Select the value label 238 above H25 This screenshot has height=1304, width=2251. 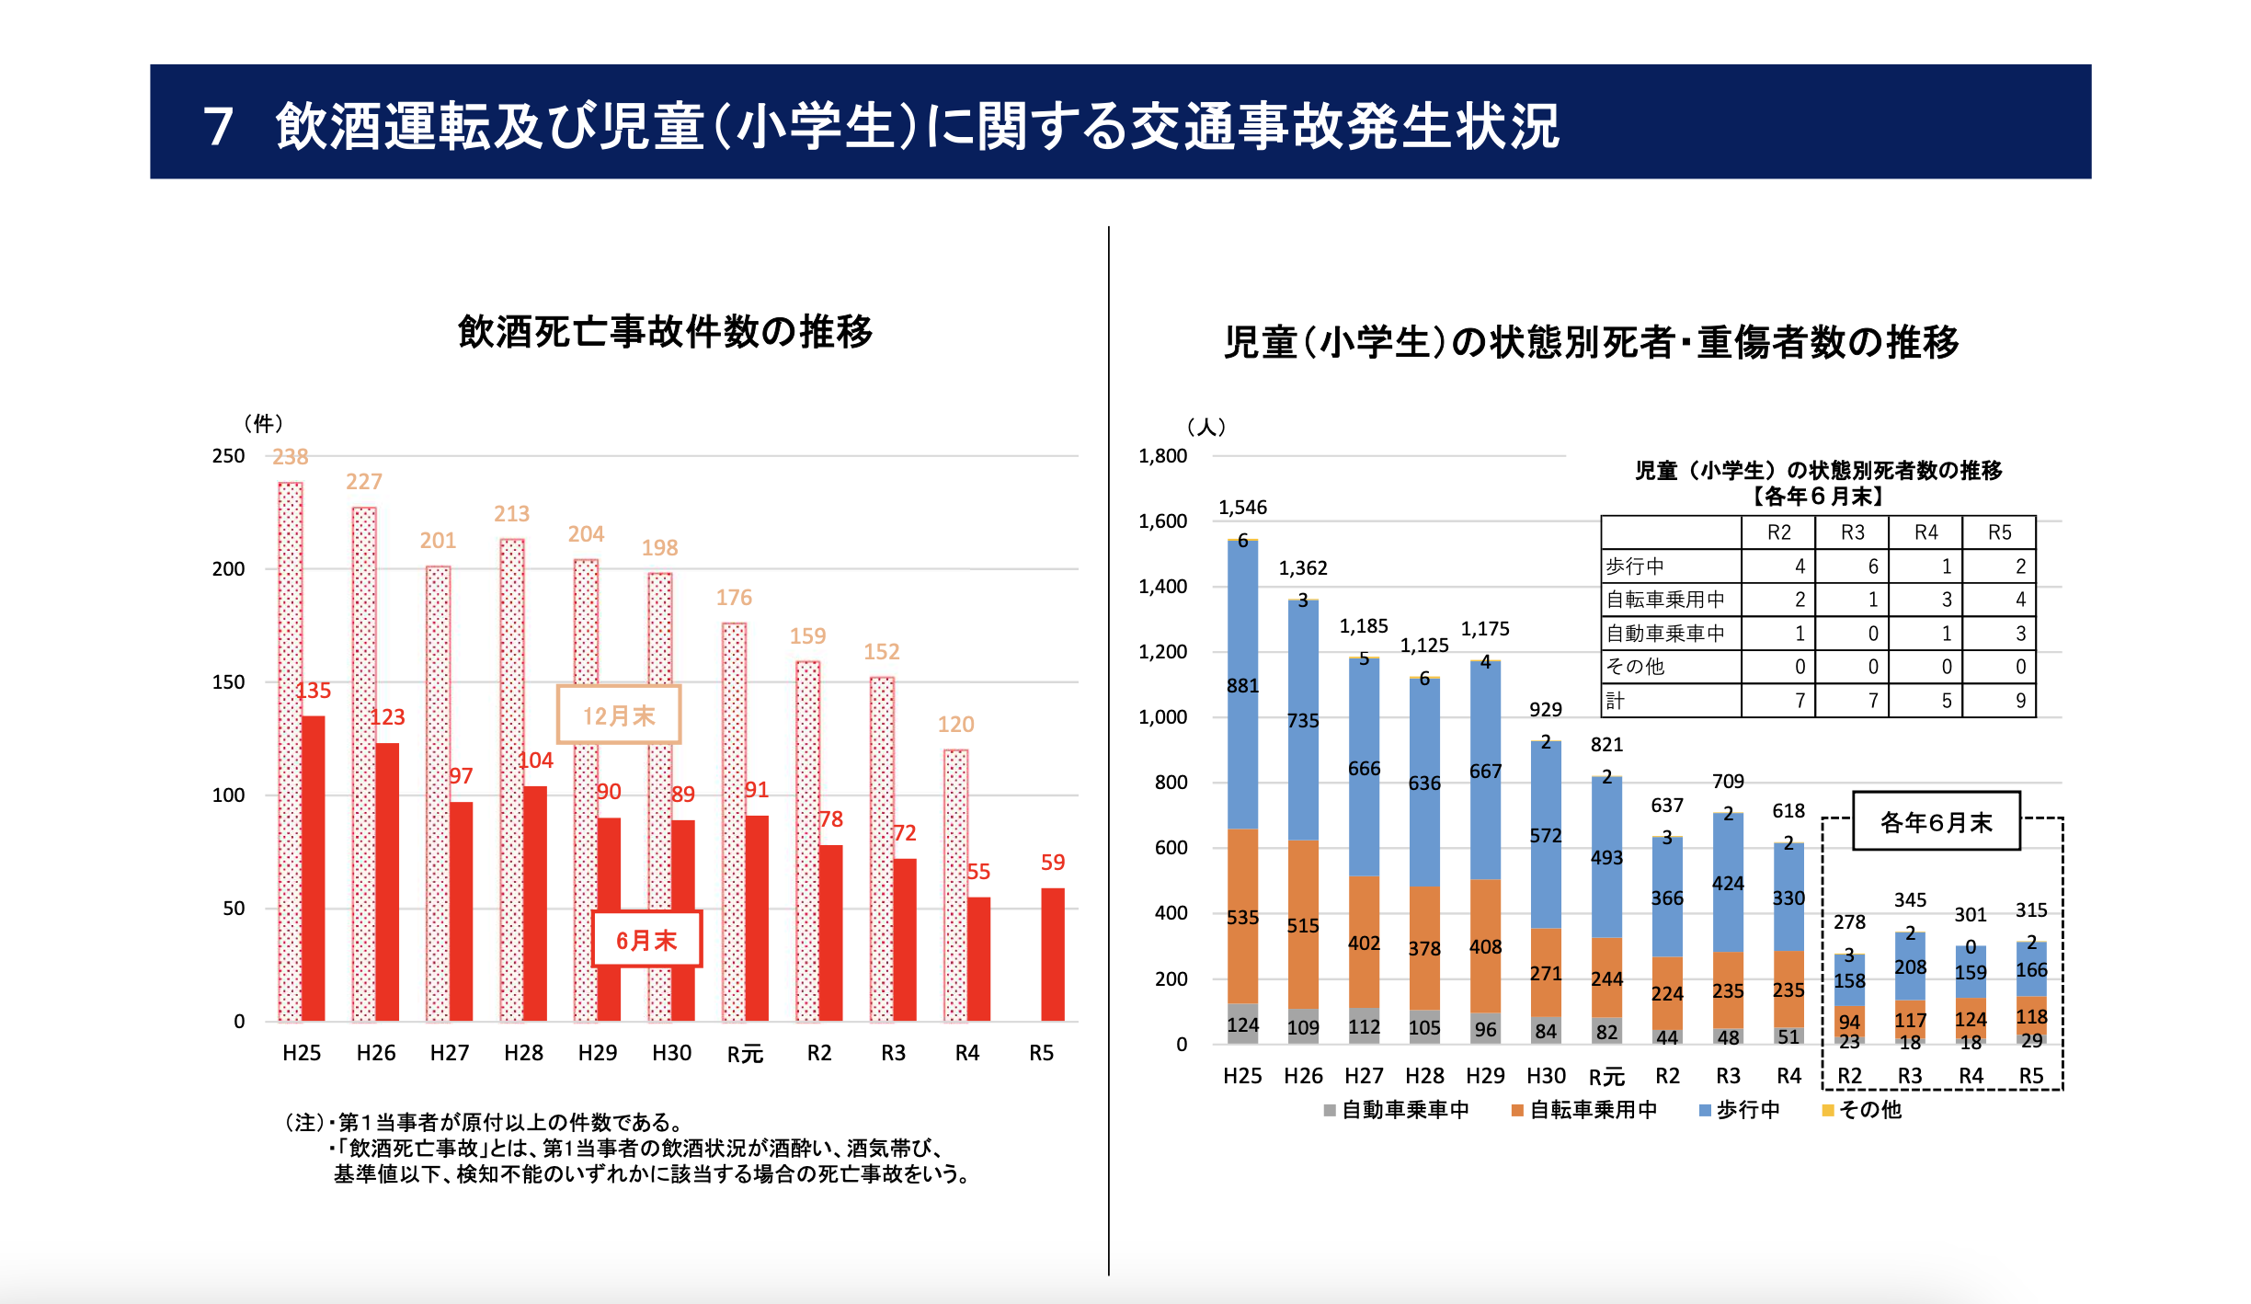pyautogui.click(x=290, y=457)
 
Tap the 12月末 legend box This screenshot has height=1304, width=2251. pyautogui.click(x=618, y=715)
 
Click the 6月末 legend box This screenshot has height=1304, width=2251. pyautogui.click(x=646, y=939)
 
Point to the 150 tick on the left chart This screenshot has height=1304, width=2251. pyautogui.click(x=228, y=682)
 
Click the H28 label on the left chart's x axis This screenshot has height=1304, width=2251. pyautogui.click(x=523, y=1053)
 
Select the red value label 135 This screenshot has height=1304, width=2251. pyautogui.click(x=314, y=691)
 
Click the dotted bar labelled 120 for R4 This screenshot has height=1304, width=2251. pyautogui.click(x=955, y=883)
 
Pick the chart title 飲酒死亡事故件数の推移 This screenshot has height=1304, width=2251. pyautogui.click(x=665, y=332)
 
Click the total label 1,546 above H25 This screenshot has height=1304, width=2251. pyautogui.click(x=1242, y=508)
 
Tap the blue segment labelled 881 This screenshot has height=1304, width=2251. pyautogui.click(x=1242, y=685)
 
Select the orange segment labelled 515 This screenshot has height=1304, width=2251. pyautogui.click(x=1303, y=924)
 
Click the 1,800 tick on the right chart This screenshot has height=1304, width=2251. pyautogui.click(x=1162, y=456)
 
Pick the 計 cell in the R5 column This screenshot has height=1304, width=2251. pyautogui.click(x=2019, y=701)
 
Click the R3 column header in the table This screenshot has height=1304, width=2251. pyautogui.click(x=1852, y=532)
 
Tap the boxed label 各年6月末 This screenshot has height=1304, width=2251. pyautogui.click(x=1936, y=821)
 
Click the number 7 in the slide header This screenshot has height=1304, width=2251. pyautogui.click(x=218, y=126)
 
